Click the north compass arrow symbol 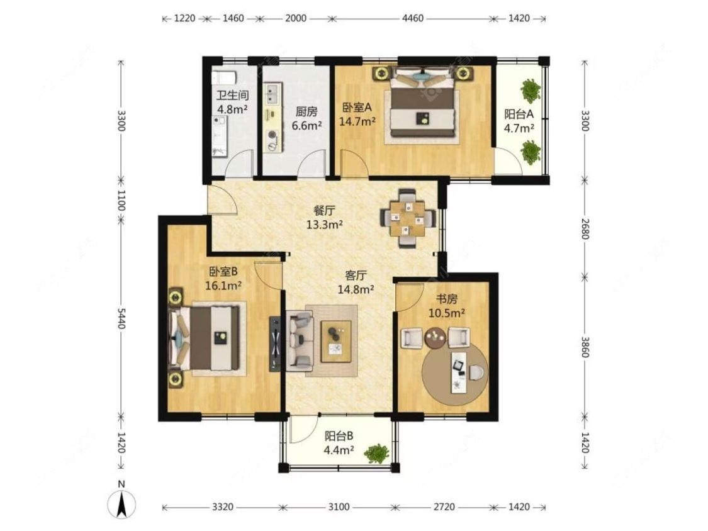pos(121,504)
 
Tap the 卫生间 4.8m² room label pos(232,102)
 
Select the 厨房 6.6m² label pos(306,118)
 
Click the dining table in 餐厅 pos(408,218)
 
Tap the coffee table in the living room pos(336,342)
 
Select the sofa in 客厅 pos(300,340)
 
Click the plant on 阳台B pos(377,454)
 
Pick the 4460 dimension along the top pos(413,18)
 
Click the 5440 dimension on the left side pos(121,318)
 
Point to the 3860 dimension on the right pos(585,347)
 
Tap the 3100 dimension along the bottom pos(338,507)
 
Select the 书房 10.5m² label pos(447,306)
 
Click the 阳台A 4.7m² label pos(519,121)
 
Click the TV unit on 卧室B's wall pos(274,344)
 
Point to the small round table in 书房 pos(435,338)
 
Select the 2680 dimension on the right pos(585,228)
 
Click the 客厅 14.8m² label pos(356,282)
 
